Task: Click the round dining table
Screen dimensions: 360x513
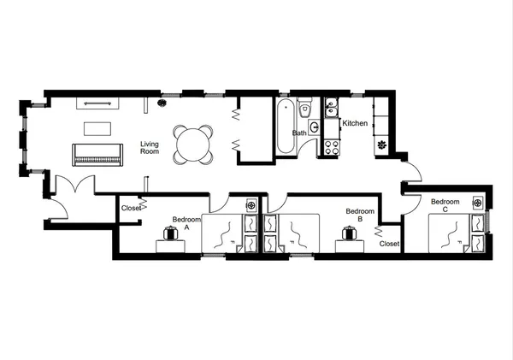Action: (192, 143)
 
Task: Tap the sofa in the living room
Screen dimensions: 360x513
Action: (97, 155)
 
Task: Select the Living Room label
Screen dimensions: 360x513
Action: (150, 148)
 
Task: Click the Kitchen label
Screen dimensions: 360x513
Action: (355, 124)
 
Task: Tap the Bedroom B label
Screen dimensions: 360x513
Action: (359, 215)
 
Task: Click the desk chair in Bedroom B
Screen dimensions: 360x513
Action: (349, 232)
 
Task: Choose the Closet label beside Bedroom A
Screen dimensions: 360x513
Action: (130, 208)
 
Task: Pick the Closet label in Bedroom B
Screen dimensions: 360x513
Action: (388, 244)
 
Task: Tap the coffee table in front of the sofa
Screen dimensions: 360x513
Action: (97, 129)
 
